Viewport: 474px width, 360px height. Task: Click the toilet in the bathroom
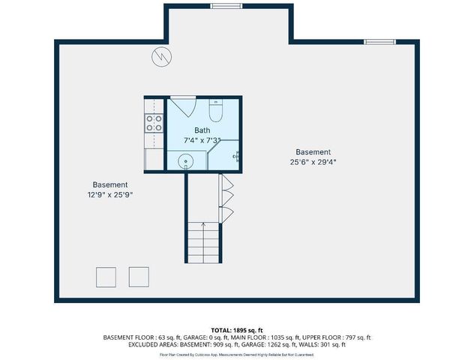click(215, 112)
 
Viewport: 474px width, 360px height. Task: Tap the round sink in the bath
click(184, 160)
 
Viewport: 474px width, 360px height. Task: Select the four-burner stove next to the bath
click(154, 123)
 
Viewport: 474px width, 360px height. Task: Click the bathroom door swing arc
click(182, 106)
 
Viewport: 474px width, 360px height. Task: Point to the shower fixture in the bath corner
click(235, 156)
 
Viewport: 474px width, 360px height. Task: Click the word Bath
click(202, 130)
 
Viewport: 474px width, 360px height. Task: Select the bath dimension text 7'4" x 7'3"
click(202, 140)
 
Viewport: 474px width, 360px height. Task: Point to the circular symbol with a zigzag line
click(160, 56)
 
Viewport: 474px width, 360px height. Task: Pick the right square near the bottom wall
click(139, 276)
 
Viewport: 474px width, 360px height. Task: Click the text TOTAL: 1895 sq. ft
click(236, 330)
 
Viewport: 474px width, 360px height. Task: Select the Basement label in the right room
click(313, 151)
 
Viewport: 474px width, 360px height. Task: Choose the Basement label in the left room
click(109, 184)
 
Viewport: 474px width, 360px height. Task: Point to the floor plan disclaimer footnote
click(236, 353)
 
